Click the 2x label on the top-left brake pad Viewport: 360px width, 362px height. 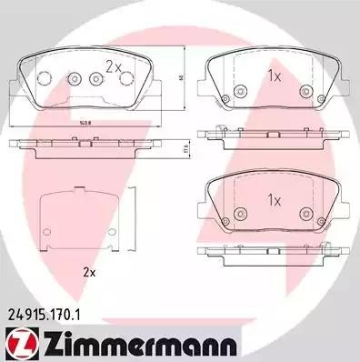click(x=113, y=66)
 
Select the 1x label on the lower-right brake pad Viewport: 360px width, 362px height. click(x=272, y=199)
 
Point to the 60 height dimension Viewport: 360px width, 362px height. click(x=182, y=77)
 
